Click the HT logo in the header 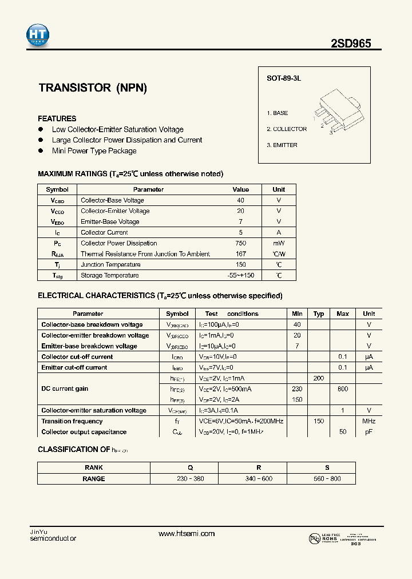[38, 35]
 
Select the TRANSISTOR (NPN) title [93, 88]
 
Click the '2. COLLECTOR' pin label [287, 129]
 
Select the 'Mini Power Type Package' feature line [94, 151]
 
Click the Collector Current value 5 [241, 232]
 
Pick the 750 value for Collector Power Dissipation [241, 243]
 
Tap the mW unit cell [279, 243]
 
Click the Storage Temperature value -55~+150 [241, 275]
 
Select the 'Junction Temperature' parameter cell [110, 264]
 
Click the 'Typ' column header [319, 314]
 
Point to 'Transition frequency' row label [72, 421]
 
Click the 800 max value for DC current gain [343, 389]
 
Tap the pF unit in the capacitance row [369, 432]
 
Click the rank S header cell [327, 467]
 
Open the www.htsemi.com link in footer [187, 534]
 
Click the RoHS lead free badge [323, 539]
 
